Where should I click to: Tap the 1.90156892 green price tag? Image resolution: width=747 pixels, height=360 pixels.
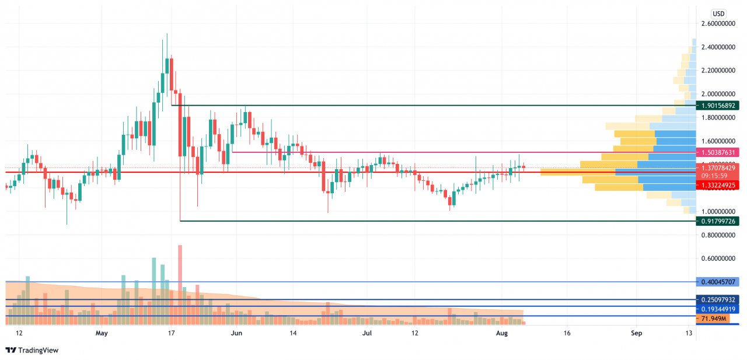click(x=718, y=106)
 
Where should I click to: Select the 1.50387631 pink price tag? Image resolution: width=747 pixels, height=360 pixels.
click(x=718, y=152)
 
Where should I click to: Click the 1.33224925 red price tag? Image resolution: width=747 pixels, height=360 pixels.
click(x=718, y=185)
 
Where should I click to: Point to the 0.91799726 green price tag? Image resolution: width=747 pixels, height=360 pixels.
click(x=718, y=221)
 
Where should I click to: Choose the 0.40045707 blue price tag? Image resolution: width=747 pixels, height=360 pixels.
click(x=718, y=281)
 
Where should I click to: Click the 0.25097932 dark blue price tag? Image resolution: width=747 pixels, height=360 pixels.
click(x=718, y=299)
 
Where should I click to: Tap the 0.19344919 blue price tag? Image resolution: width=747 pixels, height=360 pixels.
click(x=718, y=309)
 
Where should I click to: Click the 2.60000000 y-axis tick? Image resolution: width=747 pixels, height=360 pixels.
click(x=718, y=24)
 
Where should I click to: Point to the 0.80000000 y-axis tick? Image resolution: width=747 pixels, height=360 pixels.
click(x=718, y=235)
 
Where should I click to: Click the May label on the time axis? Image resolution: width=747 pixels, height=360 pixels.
click(x=102, y=334)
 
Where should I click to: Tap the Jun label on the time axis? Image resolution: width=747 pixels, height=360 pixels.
click(x=236, y=334)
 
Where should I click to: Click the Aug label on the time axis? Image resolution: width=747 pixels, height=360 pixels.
click(x=502, y=334)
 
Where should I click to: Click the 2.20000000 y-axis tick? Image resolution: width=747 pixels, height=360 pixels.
click(x=718, y=71)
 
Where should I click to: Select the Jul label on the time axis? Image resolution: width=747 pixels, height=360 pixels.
click(x=367, y=334)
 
